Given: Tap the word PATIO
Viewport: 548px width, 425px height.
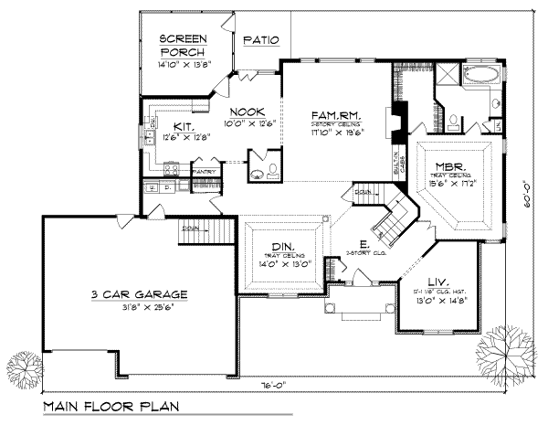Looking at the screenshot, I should tap(260, 41).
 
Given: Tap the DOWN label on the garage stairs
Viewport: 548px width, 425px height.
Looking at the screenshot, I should tap(191, 228).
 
